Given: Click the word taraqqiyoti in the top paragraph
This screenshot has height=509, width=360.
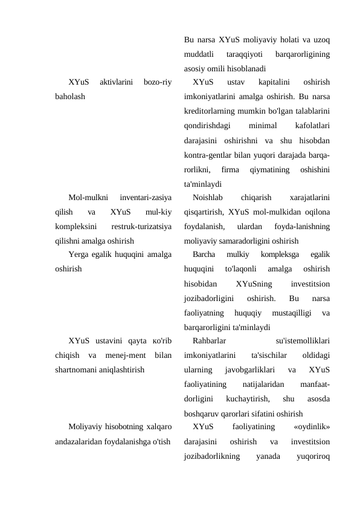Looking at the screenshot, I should (x=240, y=54).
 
